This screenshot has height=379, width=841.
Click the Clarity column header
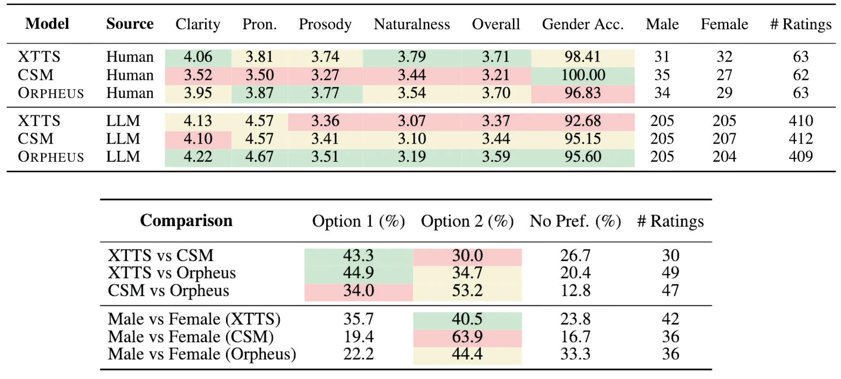(198, 24)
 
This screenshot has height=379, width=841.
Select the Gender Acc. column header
(583, 24)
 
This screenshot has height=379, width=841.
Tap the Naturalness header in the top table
(412, 24)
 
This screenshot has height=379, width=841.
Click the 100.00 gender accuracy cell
(583, 75)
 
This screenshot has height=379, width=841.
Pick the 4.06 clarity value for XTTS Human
(198, 57)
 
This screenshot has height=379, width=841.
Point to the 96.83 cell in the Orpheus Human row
(583, 93)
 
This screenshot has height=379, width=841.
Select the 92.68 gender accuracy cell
(583, 121)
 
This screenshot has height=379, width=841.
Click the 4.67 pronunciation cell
(259, 157)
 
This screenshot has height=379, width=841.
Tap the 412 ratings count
(800, 139)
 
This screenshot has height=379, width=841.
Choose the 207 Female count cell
(724, 139)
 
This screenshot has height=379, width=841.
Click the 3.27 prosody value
(325, 75)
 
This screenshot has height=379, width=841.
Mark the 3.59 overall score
(496, 157)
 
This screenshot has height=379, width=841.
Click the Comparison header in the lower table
(186, 220)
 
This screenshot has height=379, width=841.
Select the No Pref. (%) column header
(575, 221)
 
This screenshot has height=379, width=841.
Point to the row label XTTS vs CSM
(161, 256)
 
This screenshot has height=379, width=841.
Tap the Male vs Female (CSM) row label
(191, 337)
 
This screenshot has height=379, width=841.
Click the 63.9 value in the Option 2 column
(467, 337)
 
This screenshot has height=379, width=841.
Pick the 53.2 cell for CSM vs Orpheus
(467, 291)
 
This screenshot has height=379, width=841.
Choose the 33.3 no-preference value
(575, 354)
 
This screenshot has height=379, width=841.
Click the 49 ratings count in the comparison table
(670, 273)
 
